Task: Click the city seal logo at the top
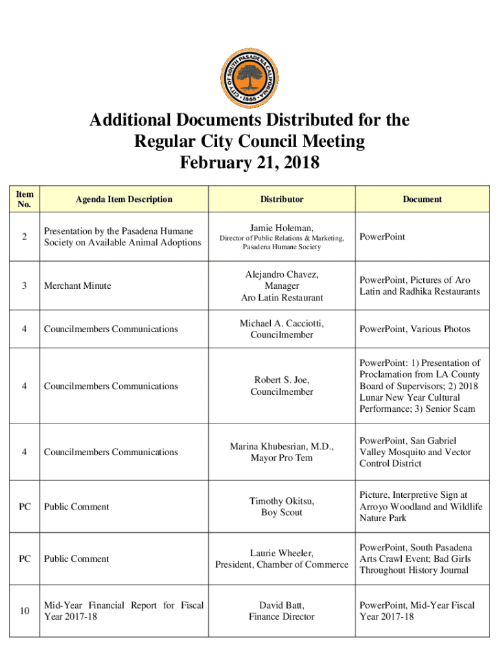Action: coord(250,71)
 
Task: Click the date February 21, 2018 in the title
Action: coord(250,161)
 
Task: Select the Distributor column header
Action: coord(282,199)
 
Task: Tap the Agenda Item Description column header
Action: coord(124,199)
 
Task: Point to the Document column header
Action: coord(422,199)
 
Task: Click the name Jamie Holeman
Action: coord(282,227)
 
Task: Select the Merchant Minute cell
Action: coord(77,286)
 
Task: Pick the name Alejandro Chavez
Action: coord(282,275)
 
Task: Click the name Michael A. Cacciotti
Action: coord(282,323)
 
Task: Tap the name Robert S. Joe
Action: coord(282,380)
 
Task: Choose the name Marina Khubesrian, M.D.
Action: coord(282,447)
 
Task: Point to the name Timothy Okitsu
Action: coord(282,501)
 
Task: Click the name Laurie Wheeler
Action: coord(282,553)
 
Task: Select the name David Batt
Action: coord(282,605)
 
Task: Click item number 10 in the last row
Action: coord(24,611)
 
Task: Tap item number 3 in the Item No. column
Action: coord(24,286)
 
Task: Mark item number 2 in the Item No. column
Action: coord(24,237)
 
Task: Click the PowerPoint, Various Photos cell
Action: coord(415,329)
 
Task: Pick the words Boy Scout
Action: coord(282,512)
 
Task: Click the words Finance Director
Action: coord(282,616)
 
